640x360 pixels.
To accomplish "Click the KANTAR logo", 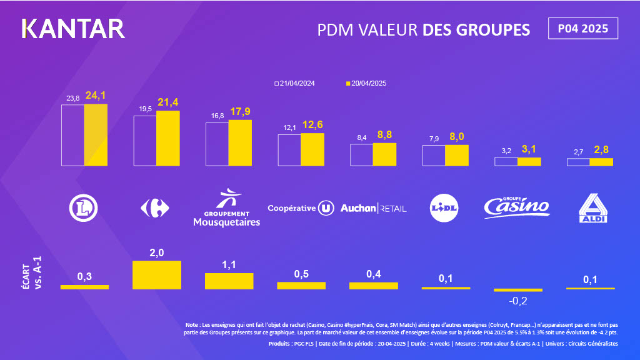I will click(x=73, y=29).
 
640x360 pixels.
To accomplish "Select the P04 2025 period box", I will click(x=583, y=29).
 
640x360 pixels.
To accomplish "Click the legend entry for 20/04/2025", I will click(x=369, y=83).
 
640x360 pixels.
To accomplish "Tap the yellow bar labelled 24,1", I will click(x=96, y=135).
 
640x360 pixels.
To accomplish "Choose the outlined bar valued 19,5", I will click(x=145, y=141).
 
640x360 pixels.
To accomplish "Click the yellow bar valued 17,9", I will click(x=240, y=142).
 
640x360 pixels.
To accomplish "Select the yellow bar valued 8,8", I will click(x=384, y=154).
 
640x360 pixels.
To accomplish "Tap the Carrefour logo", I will click(x=154, y=208).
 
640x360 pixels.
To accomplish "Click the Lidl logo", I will click(x=444, y=208).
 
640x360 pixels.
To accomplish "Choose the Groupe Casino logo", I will click(x=517, y=206).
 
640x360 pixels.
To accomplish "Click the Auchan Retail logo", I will click(x=373, y=208).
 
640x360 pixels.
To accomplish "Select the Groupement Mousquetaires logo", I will click(x=226, y=208).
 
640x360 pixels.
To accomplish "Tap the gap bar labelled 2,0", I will click(x=157, y=275).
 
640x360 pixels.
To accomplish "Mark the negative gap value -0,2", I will click(x=518, y=301).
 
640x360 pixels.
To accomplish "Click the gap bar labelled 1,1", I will click(x=229, y=281).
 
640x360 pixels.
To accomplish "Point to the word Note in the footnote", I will click(x=191, y=325).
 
